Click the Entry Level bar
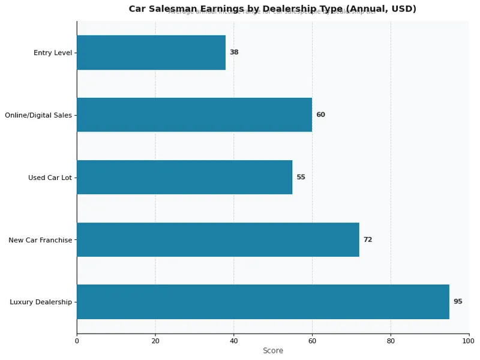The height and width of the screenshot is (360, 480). point(151,52)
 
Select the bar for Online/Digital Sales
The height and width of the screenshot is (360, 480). point(194,115)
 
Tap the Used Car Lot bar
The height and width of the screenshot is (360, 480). point(184,177)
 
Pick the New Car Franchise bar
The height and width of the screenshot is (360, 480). point(218,239)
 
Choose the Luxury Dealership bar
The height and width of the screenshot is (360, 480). point(263,302)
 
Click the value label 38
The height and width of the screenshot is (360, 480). point(234,52)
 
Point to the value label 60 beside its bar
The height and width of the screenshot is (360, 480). point(320,115)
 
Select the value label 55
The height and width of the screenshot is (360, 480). point(301,177)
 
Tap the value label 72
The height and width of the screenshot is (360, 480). point(368,239)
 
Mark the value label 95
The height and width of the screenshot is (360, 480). point(458,302)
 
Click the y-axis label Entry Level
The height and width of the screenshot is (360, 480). point(53,53)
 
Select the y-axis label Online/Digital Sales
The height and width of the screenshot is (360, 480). point(38,115)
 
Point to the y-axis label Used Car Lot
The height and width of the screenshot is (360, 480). point(50,178)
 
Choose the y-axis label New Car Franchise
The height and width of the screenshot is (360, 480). point(40,240)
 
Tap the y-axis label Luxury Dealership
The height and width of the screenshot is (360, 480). point(41,302)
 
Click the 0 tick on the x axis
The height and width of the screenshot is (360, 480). point(77,341)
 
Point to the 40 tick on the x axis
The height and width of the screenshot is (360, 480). point(234,341)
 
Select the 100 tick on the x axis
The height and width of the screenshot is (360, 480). point(469,341)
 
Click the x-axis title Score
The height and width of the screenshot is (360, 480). point(273,350)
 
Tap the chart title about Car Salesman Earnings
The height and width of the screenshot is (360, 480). point(272,8)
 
